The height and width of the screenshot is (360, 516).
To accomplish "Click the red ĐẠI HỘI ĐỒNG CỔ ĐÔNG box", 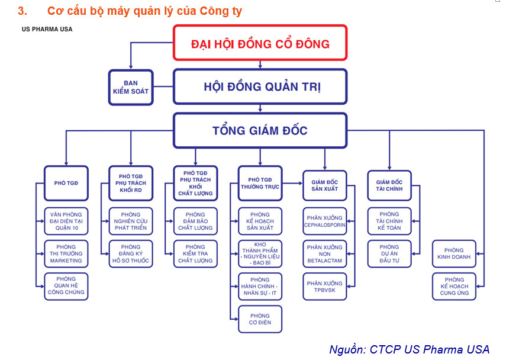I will coord(260,43).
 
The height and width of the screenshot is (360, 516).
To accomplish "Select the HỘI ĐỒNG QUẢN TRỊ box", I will coord(260,86).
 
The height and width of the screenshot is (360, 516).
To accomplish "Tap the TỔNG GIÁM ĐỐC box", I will coord(260,130).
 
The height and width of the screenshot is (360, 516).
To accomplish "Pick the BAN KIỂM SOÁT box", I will coord(131,87).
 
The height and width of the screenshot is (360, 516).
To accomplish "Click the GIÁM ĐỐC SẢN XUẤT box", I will coord(325,185).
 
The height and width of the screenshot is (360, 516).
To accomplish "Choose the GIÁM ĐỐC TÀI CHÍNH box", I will coord(389,185).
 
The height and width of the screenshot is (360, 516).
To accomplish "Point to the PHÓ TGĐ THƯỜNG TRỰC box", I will coord(260,183).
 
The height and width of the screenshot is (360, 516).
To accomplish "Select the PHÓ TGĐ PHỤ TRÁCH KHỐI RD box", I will coord(131,183).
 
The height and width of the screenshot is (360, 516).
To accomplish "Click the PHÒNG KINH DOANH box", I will coord(454,253).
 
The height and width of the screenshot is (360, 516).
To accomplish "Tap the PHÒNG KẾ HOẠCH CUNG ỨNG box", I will coord(454,286).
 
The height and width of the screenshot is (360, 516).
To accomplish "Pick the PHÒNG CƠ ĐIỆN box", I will coord(260,319).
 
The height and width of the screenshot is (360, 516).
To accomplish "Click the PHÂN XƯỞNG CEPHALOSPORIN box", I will coord(325,221).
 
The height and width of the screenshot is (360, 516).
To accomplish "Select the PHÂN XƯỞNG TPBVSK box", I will coord(325,286).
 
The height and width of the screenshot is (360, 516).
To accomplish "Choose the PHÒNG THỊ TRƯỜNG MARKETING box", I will coord(66,253).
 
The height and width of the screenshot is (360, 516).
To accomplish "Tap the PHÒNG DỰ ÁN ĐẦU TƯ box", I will coord(389,253).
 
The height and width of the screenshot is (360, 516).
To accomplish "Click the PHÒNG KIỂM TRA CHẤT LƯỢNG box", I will coord(195,253).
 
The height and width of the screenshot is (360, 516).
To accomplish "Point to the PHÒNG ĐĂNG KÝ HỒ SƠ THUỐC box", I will coord(131,253).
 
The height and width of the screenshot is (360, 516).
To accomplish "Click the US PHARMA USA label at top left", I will coord(47,29).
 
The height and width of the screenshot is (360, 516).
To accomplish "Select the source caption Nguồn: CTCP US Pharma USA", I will coord(409,349).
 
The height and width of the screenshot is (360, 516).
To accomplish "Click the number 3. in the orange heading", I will coord(22,11).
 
